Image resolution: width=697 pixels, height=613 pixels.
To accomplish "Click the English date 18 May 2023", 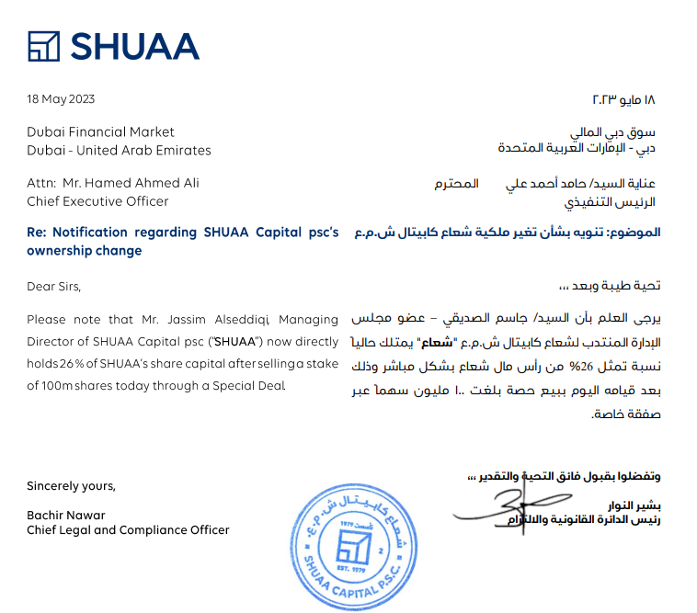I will [x=61, y=99].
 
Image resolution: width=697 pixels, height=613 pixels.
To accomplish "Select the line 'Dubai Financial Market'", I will [x=100, y=132].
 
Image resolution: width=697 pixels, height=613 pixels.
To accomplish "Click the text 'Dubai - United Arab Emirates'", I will [x=119, y=150].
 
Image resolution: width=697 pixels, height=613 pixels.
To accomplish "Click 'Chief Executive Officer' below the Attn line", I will [x=97, y=200].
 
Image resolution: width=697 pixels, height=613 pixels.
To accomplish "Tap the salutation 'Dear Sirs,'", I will [x=54, y=286].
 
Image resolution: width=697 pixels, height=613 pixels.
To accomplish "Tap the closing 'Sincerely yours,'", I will [x=71, y=485].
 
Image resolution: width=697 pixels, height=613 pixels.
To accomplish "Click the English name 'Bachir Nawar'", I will [x=66, y=516].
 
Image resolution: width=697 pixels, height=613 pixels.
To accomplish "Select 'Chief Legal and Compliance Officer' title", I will [x=128, y=530].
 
